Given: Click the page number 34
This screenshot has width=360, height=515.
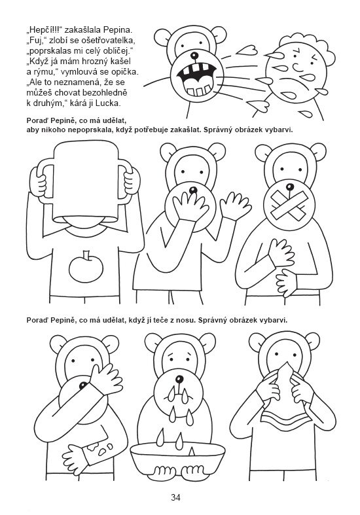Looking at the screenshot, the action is pyautogui.click(x=175, y=497).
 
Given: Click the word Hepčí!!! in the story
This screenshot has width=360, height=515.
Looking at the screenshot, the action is pyautogui.click(x=45, y=31).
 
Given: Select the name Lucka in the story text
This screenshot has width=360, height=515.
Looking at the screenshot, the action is pyautogui.click(x=109, y=103).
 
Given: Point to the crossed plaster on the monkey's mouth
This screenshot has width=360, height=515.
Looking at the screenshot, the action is pyautogui.click(x=289, y=205).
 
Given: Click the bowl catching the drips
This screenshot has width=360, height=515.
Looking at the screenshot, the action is pyautogui.click(x=177, y=457).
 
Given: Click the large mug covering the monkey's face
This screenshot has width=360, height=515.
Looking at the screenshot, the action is pyautogui.click(x=84, y=183).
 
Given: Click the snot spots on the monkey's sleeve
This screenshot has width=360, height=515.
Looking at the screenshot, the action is pyautogui.click(x=100, y=448).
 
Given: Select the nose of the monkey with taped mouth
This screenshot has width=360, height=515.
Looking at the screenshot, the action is pyautogui.click(x=289, y=187).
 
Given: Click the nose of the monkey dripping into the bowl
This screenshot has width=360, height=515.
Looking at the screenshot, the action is pyautogui.click(x=179, y=380).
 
